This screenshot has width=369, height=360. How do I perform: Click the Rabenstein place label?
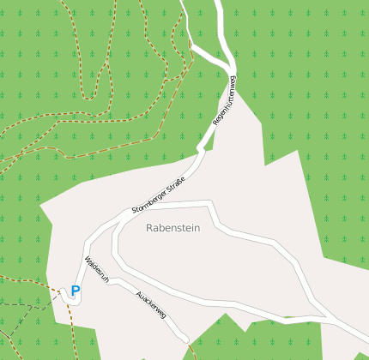[172, 228]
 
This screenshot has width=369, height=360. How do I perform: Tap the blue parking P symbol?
[76, 291]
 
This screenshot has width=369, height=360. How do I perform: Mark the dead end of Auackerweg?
[185, 340]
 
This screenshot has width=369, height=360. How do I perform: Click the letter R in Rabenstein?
[150, 228]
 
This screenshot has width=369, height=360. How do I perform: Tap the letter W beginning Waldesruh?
[88, 258]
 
